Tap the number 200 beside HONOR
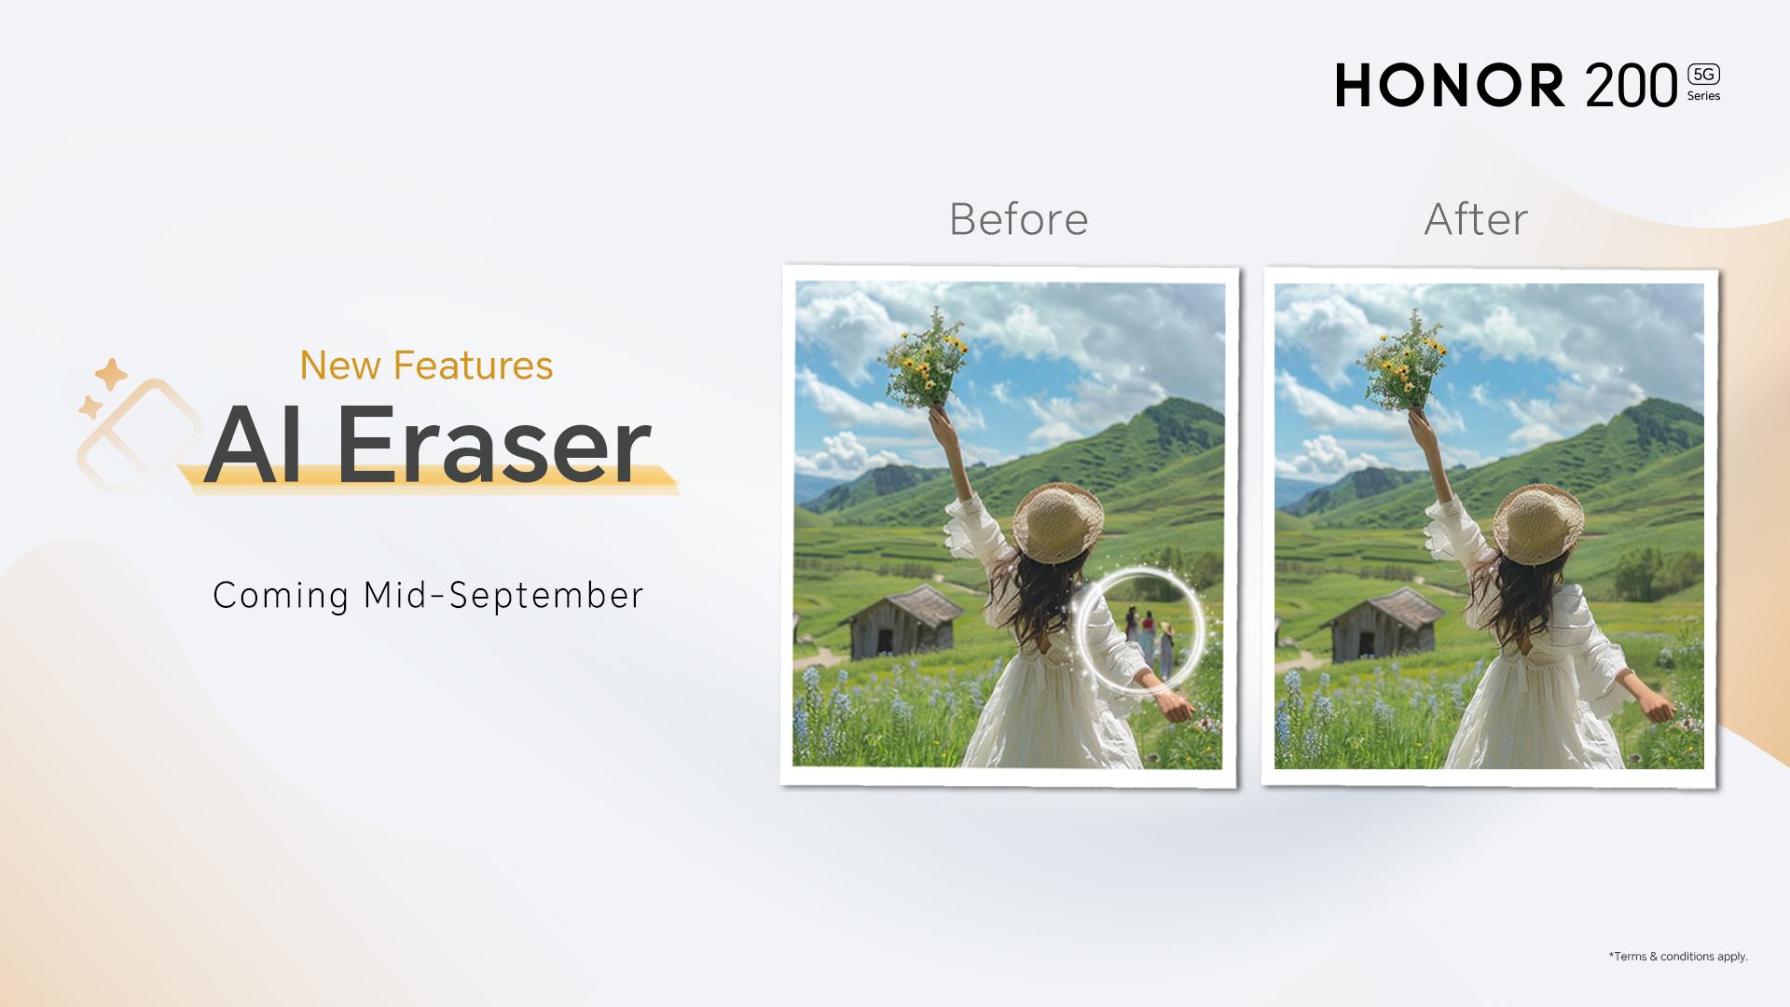click(1632, 86)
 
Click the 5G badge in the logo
click(1703, 75)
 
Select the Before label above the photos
click(1018, 219)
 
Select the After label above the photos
click(1476, 219)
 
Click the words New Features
click(426, 365)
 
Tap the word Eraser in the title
click(493, 446)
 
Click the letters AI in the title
click(253, 446)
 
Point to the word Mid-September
click(503, 595)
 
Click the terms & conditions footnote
click(1678, 957)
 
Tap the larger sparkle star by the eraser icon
click(111, 374)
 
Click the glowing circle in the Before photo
click(1081, 631)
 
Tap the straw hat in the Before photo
click(1058, 521)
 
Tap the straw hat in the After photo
click(1538, 523)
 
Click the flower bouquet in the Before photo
click(926, 360)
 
